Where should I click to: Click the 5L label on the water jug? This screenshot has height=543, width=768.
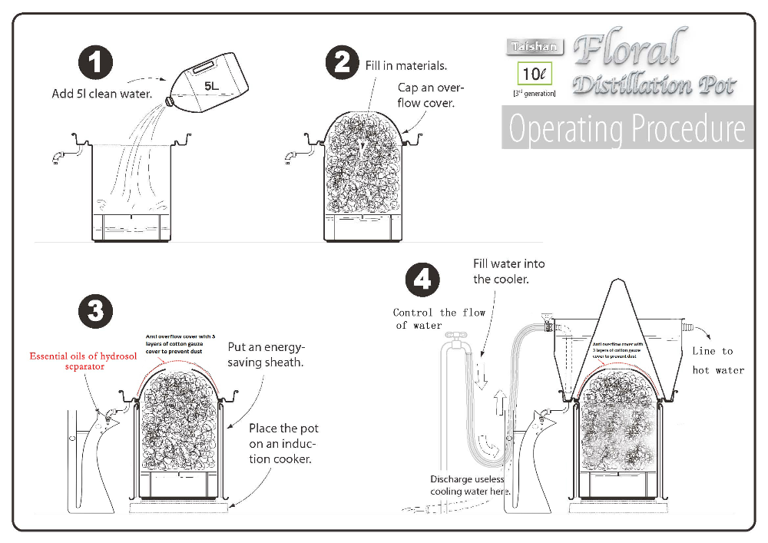coord(211,87)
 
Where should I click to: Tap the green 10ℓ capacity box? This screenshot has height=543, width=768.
coord(533,75)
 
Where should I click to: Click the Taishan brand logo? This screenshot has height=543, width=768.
coord(535,48)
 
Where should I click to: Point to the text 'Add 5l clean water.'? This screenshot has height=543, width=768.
coord(102,94)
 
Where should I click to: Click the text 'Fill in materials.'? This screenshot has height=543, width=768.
coord(405,66)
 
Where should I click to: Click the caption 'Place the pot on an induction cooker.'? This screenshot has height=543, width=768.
coord(283,443)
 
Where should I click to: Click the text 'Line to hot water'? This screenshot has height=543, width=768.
coord(719,360)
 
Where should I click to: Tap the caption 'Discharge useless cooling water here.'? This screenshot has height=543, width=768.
coord(470,485)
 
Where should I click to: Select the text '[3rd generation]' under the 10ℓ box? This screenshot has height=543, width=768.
coord(534,93)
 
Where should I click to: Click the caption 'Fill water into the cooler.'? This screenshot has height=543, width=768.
coord(509,271)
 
